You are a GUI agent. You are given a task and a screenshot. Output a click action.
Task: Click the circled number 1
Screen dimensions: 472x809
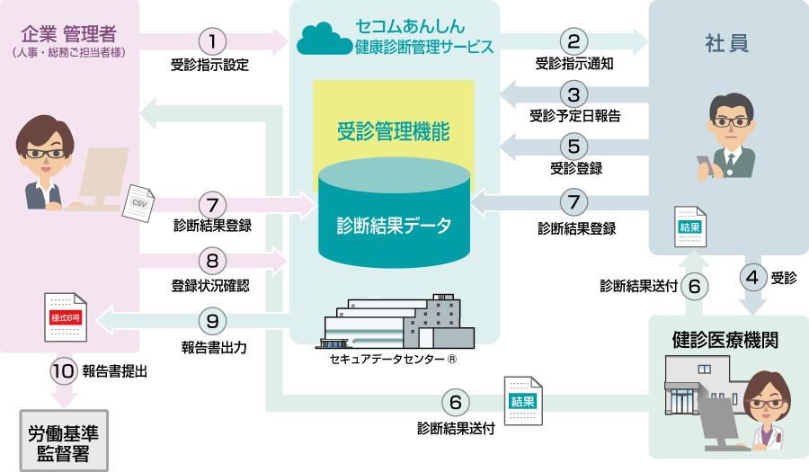tap(212, 40)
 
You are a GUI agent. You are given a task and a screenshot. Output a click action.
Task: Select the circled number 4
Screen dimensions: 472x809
tap(753, 276)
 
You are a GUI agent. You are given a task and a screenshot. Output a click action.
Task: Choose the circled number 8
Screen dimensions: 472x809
tap(212, 262)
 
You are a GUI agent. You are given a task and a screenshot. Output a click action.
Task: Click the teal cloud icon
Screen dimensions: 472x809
tap(324, 39)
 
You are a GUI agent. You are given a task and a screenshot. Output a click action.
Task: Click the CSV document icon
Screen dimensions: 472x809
tap(138, 202)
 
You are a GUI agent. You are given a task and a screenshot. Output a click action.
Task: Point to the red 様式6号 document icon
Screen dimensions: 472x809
tap(66, 318)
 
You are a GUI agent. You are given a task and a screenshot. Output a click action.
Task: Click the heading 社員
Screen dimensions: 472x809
tap(727, 43)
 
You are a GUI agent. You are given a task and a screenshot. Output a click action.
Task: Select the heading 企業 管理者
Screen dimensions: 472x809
tap(68, 36)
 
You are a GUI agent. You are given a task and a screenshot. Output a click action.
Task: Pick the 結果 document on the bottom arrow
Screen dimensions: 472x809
tap(522, 400)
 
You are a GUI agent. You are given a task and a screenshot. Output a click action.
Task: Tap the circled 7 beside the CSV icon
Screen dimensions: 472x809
tap(212, 205)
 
